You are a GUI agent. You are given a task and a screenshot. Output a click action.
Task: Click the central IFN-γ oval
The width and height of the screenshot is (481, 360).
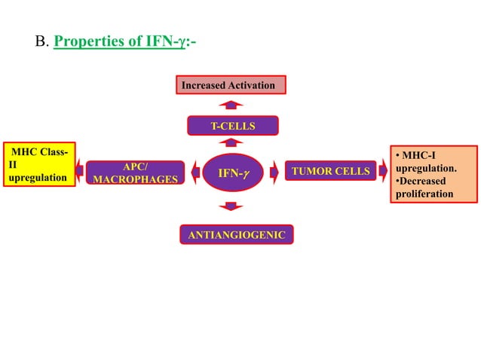(232, 173)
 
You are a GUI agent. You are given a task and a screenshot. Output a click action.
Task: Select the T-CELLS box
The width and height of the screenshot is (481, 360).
(232, 125)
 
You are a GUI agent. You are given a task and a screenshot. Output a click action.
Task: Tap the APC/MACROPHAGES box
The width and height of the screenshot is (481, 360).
(135, 172)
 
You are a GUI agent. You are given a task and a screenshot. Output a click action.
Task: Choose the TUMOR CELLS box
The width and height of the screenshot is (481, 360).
(330, 172)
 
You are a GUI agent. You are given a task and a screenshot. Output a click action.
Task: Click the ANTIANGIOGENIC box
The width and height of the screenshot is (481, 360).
(236, 235)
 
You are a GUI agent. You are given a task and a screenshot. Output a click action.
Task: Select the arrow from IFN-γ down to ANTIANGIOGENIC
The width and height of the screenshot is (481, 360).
(232, 206)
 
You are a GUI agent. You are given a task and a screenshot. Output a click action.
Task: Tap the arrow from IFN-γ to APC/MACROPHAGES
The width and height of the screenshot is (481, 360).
(195, 172)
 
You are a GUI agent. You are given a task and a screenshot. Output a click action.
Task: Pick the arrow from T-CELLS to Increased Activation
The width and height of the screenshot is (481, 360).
(232, 104)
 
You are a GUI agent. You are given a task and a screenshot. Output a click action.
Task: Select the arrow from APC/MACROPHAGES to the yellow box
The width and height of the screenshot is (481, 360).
(79, 172)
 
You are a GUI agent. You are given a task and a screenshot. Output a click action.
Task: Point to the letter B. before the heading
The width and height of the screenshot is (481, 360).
(42, 41)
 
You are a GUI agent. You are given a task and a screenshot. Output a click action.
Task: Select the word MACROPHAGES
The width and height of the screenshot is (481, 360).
(135, 179)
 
